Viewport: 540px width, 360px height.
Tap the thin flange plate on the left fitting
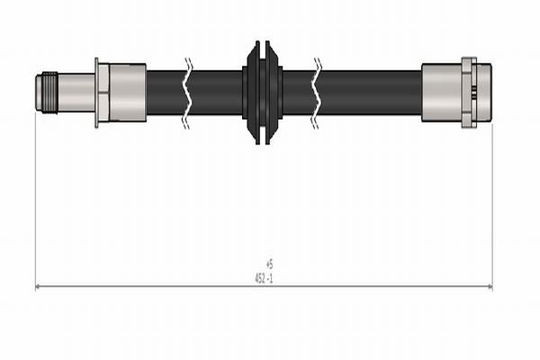pos(96,92)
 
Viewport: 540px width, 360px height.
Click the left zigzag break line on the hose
pos(187,92)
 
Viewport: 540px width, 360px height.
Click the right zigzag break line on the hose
pos(317,92)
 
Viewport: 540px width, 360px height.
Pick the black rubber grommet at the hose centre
pos(263,92)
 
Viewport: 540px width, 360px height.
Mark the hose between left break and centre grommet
pos(216,92)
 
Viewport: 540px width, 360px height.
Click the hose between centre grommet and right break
pos(297,92)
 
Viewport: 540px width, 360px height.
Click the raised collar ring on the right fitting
pos(468,92)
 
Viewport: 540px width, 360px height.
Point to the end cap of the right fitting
pos(484,92)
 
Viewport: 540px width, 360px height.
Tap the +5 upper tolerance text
pos(269,264)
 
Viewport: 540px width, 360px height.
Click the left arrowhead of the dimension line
pos(39,287)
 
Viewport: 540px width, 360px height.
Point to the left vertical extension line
pos(36,198)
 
